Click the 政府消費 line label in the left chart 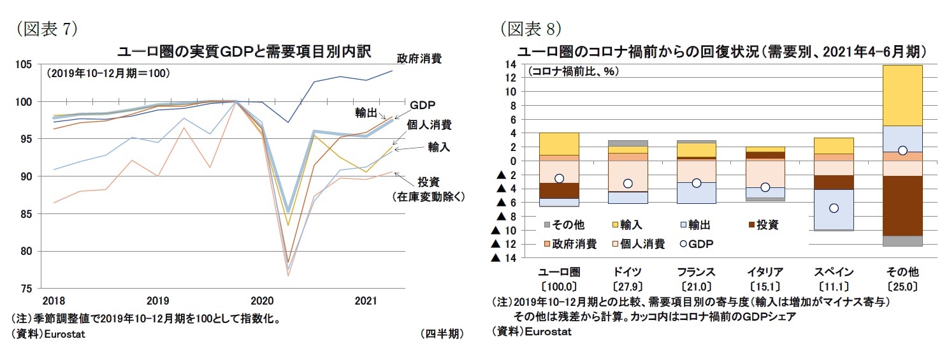point(419,59)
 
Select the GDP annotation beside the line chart point(423,106)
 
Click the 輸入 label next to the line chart point(439,147)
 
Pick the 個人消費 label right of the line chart point(430,125)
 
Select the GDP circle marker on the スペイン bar point(834,208)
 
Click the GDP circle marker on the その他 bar point(902,150)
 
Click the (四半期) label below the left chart point(442,334)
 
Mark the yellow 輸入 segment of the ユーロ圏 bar point(559,143)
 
